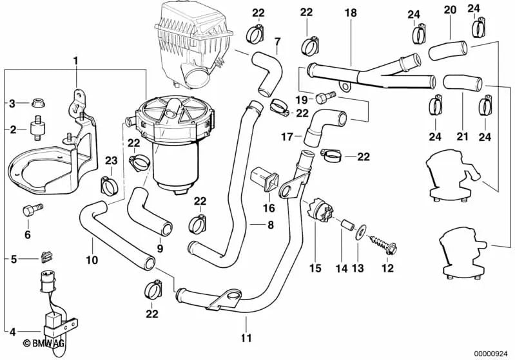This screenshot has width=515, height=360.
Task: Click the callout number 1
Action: click(75, 61)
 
